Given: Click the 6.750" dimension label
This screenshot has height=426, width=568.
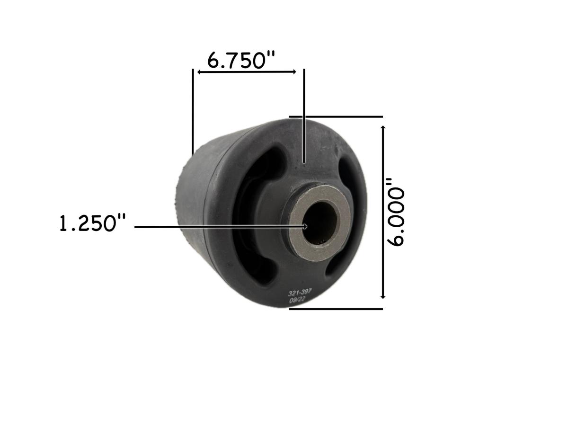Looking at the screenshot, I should (x=241, y=60).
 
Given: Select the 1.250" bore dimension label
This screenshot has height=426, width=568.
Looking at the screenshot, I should (x=93, y=223).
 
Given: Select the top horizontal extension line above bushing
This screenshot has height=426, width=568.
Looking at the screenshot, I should (x=336, y=116).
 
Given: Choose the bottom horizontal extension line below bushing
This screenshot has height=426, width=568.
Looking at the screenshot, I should (x=336, y=309).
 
